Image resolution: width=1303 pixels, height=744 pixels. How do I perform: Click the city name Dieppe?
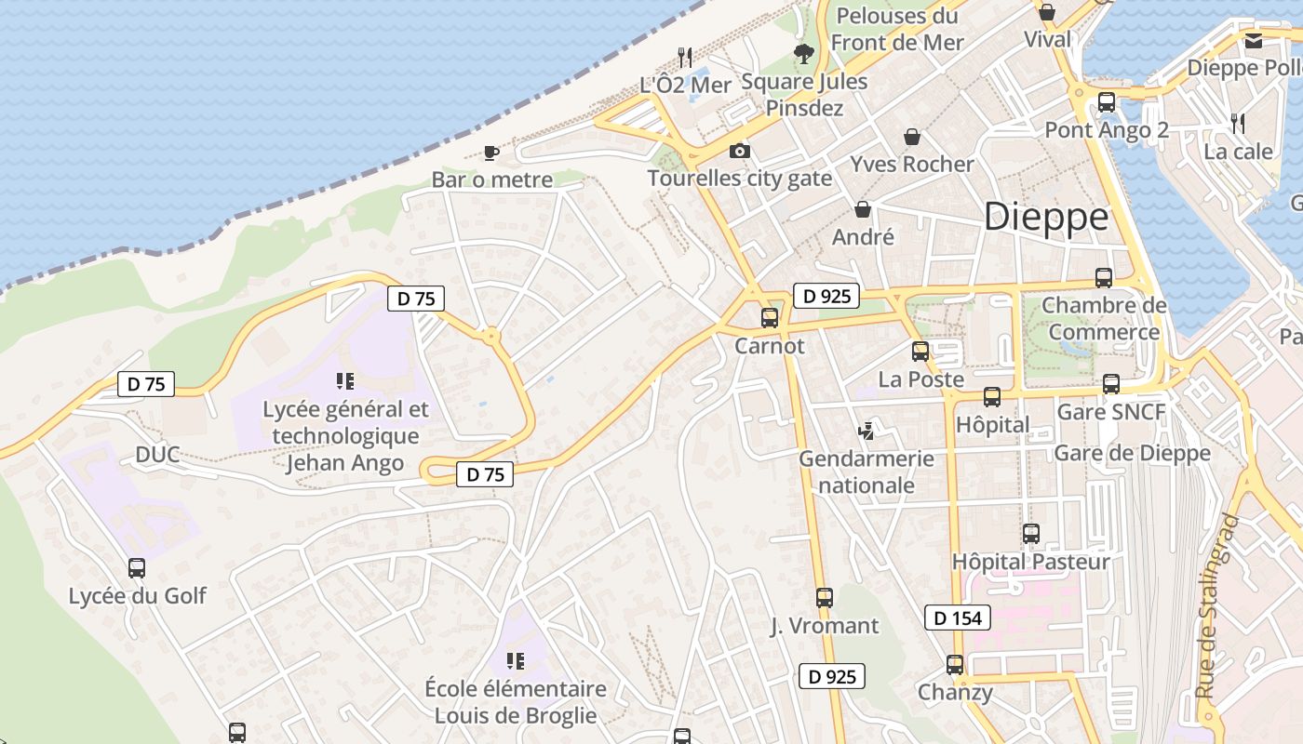pos(1046,217)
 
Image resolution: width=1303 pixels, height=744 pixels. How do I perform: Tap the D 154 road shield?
pos(958,618)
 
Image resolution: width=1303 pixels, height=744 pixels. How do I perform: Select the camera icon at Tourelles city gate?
pos(739,151)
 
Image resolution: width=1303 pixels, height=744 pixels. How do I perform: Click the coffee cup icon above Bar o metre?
pos(491,153)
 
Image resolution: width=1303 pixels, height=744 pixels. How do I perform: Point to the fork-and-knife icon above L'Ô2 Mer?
pos(685,57)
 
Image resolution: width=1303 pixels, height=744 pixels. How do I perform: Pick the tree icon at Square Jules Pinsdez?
pos(803,54)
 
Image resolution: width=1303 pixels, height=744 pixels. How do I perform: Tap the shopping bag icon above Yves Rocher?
pos(912,137)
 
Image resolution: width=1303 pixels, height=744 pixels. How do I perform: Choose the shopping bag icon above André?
pos(863,209)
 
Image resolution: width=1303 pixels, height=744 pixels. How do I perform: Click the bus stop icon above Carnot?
pos(770,318)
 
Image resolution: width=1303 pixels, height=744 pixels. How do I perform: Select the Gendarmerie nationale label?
pos(866,472)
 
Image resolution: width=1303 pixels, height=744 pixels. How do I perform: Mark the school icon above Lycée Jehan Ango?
pos(345,381)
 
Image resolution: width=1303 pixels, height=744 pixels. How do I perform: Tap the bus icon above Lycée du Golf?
pos(137,567)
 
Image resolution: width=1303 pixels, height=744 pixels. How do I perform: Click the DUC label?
pos(157,455)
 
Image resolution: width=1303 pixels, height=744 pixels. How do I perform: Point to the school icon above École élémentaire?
pos(515,661)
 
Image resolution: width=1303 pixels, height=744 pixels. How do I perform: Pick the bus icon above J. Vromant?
pos(825,598)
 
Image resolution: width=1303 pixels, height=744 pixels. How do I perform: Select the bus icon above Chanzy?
pos(955,665)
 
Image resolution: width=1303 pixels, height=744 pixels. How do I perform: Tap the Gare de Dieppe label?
pos(1132,453)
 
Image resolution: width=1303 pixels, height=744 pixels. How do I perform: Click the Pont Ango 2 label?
pos(1107,129)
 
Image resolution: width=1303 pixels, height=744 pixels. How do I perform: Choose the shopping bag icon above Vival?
pos(1047,12)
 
